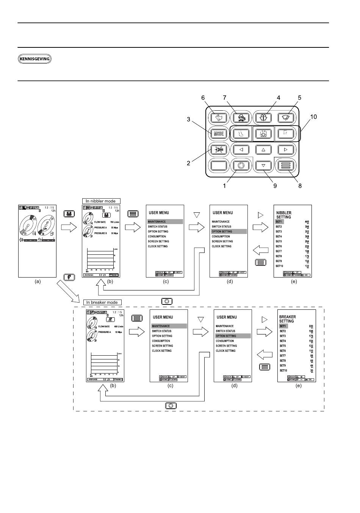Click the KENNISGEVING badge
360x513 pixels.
(35, 59)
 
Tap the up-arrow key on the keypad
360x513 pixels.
(264, 149)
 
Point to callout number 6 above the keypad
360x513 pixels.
(203, 98)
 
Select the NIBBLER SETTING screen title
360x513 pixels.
(284, 215)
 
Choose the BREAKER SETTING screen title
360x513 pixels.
(288, 319)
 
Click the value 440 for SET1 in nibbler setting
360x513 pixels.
(307, 221)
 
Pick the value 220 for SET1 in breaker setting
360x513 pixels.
(311, 326)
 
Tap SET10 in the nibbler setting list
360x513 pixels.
(280, 266)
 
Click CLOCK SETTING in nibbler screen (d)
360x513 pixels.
(222, 246)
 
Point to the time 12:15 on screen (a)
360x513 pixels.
(50, 207)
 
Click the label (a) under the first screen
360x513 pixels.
(38, 282)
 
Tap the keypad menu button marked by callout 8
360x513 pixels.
(285, 165)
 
